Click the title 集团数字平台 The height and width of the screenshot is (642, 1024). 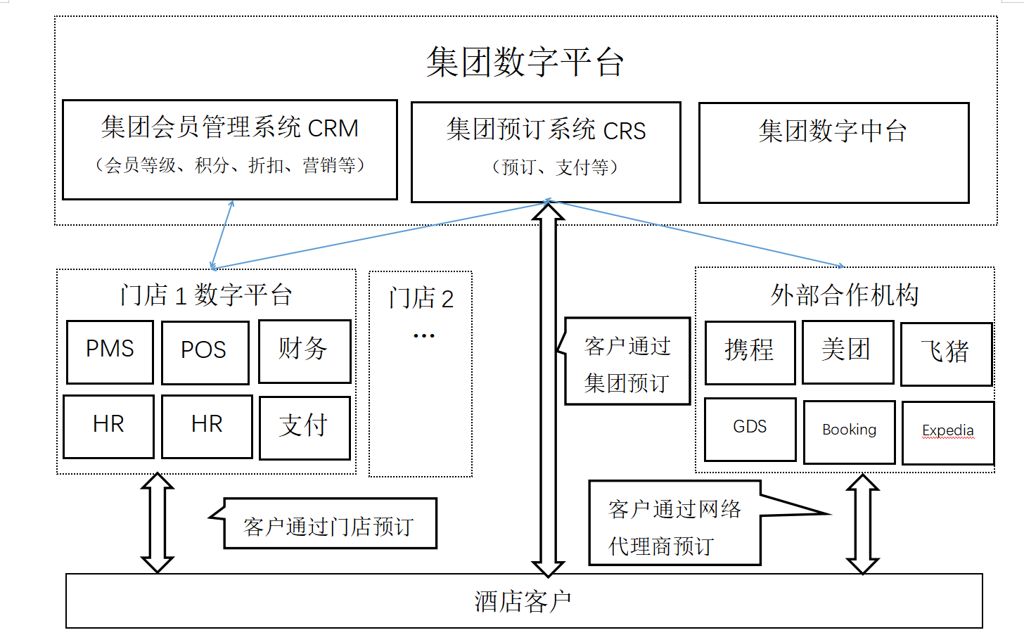[525, 62]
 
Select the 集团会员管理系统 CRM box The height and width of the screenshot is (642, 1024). [230, 149]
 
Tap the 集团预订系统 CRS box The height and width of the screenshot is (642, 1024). [546, 152]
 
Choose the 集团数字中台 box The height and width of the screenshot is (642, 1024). [833, 153]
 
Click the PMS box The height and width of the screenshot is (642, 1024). [110, 352]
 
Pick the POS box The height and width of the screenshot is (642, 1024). [205, 352]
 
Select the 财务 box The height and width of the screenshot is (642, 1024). [304, 351]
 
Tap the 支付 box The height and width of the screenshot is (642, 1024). [304, 428]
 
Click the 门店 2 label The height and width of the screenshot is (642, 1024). [421, 298]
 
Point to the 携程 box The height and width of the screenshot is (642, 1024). [750, 352]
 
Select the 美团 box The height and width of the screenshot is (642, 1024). [847, 352]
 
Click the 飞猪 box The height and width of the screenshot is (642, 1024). [946, 354]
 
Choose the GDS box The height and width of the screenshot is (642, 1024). [750, 429]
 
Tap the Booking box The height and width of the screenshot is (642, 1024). [849, 432]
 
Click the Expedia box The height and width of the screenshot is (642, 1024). [947, 432]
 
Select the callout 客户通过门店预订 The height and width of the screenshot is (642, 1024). [329, 524]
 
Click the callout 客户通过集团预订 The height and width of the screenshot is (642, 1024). [627, 361]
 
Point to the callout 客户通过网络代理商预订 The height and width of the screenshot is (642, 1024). [674, 523]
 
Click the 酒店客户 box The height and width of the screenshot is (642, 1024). [523, 601]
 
